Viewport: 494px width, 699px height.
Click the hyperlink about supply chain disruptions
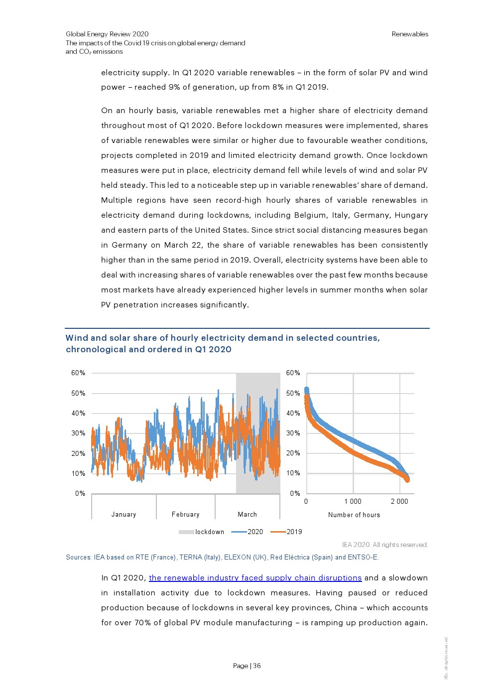[x=255, y=578]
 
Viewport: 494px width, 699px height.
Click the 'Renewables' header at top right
[x=410, y=34]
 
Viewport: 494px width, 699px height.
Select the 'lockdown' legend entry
[x=209, y=532]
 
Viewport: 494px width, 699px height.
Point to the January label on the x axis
[x=123, y=515]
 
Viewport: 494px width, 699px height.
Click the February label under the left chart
[x=185, y=515]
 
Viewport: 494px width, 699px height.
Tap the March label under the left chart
[x=247, y=515]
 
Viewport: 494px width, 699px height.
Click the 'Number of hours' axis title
[x=354, y=515]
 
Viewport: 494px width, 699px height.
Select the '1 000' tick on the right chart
[x=353, y=502]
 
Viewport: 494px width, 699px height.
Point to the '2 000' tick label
[x=399, y=502]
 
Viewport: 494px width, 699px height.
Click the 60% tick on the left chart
[x=78, y=373]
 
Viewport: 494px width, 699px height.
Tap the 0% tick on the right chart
[x=295, y=494]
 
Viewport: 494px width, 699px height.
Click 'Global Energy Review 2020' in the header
[x=107, y=34]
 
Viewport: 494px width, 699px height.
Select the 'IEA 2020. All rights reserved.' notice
[x=385, y=545]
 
